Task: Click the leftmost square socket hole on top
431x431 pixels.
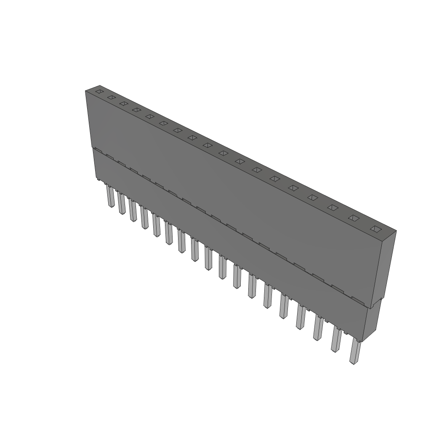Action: click(x=99, y=91)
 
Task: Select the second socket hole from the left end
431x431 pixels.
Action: click(x=111, y=97)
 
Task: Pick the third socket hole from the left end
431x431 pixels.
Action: click(x=124, y=103)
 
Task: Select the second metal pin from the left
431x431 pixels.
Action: click(x=122, y=204)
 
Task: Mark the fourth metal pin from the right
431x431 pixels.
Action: click(x=301, y=317)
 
